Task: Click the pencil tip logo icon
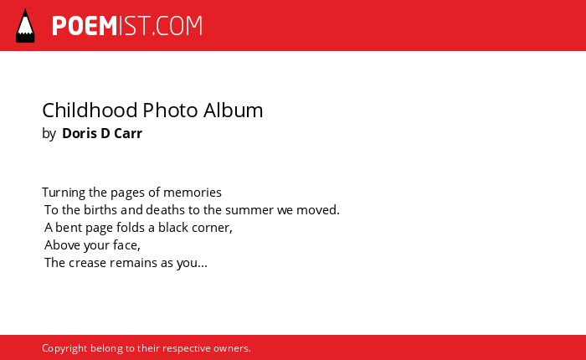click(x=25, y=25)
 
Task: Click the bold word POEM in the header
click(x=85, y=26)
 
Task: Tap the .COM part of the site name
click(x=177, y=26)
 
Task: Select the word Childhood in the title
click(x=90, y=111)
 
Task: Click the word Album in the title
click(x=234, y=111)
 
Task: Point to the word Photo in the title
click(x=171, y=111)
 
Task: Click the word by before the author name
click(x=49, y=134)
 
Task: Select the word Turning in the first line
click(x=64, y=193)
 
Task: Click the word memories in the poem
click(x=193, y=193)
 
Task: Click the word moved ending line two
click(x=317, y=210)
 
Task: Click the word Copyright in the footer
click(x=64, y=349)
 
